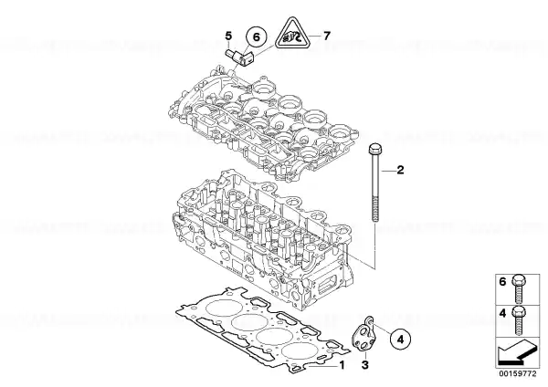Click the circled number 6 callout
[256, 37]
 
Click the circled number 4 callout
[401, 339]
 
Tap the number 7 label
[326, 36]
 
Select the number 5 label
[228, 36]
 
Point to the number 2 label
[401, 170]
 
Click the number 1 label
[342, 365]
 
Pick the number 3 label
[364, 365]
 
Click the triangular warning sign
[292, 34]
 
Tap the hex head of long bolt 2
[374, 149]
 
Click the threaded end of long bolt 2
[374, 209]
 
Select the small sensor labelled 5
[239, 58]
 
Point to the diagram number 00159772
[517, 373]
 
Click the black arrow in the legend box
[516, 353]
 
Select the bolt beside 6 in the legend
[519, 288]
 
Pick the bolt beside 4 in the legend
[519, 320]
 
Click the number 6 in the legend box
[502, 281]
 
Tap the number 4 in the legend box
[502, 313]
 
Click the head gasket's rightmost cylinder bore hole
[297, 351]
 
